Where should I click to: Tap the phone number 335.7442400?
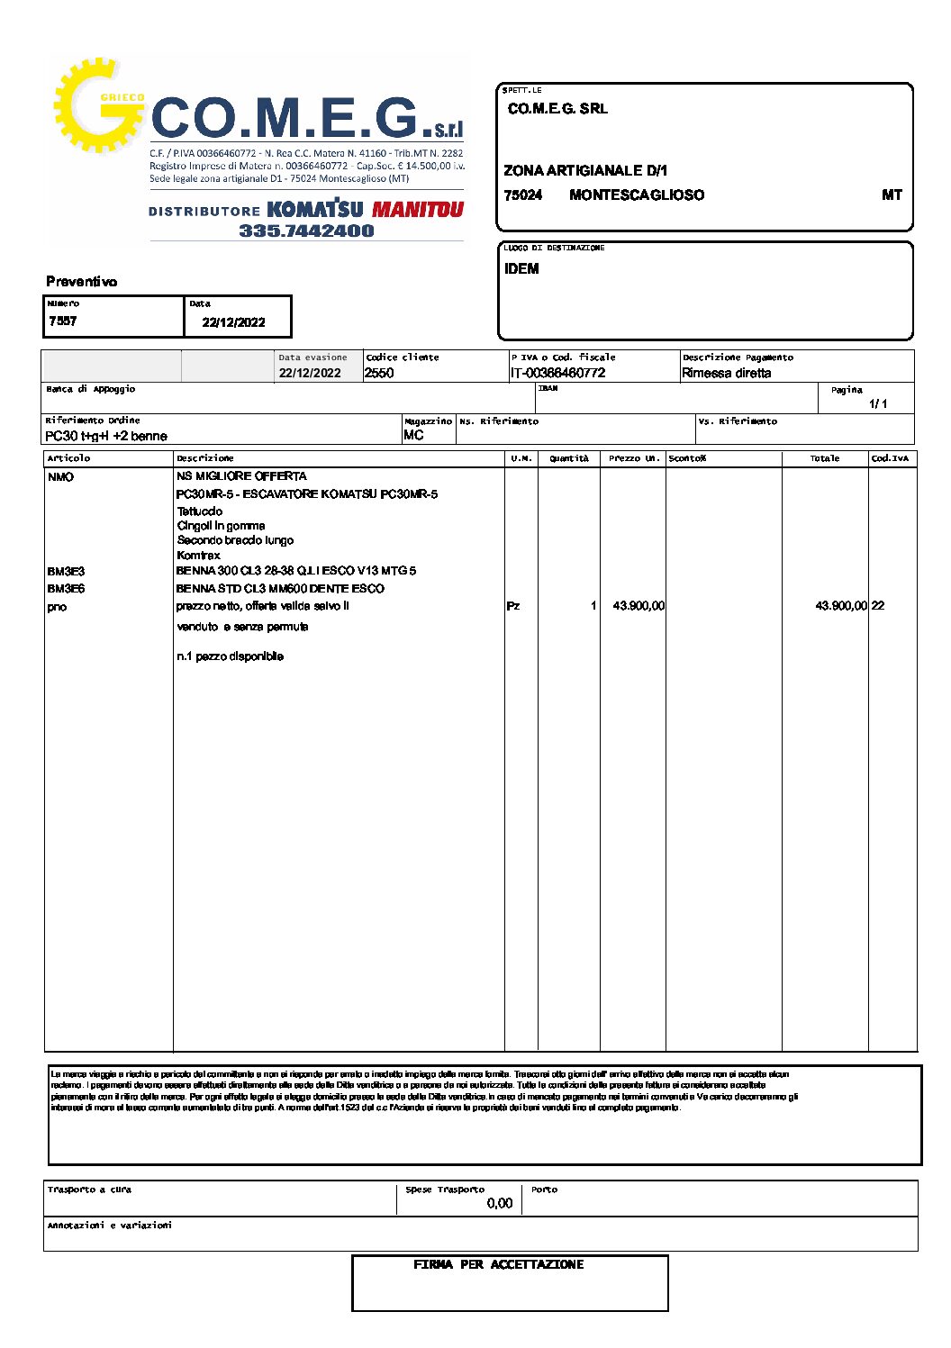pyautogui.click(x=306, y=231)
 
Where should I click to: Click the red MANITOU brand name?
pyautogui.click(x=418, y=210)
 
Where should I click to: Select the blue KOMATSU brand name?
pyautogui.click(x=315, y=209)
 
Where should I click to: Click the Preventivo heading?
pyautogui.click(x=82, y=282)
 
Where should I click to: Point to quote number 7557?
pyautogui.click(x=63, y=321)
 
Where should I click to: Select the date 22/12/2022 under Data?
pyautogui.click(x=233, y=322)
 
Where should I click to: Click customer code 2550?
pyautogui.click(x=379, y=373)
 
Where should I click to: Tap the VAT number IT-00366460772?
pyautogui.click(x=557, y=373)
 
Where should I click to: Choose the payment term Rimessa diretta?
pyautogui.click(x=726, y=373)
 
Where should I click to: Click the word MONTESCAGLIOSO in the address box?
pyautogui.click(x=637, y=195)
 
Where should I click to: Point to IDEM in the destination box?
pyautogui.click(x=521, y=269)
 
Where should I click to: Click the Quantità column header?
pyautogui.click(x=569, y=458)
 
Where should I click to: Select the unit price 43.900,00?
pyautogui.click(x=639, y=606)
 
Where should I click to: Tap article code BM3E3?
pyautogui.click(x=66, y=572)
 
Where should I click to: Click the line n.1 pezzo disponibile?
pyautogui.click(x=230, y=656)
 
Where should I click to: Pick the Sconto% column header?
pyautogui.click(x=687, y=458)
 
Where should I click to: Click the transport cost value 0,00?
pyautogui.click(x=499, y=1203)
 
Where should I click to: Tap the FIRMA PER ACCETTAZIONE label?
pyautogui.click(x=498, y=1265)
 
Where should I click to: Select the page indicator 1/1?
pyautogui.click(x=878, y=403)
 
